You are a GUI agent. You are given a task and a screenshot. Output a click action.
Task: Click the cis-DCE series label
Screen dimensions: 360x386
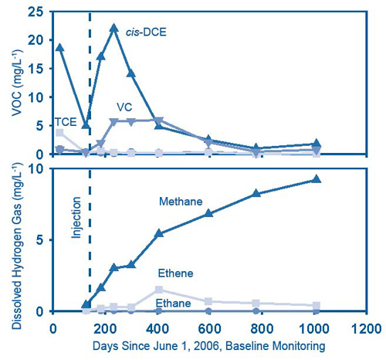pyautogui.click(x=156, y=32)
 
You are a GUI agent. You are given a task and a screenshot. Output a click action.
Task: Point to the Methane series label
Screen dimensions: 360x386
pyautogui.click(x=181, y=202)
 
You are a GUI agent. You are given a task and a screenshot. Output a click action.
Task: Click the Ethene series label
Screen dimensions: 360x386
pyautogui.click(x=177, y=273)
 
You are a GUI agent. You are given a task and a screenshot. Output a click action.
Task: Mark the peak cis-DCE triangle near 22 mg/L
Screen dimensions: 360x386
pyautogui.click(x=114, y=28)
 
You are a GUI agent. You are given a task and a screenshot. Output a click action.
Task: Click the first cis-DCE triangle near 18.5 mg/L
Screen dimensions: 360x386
pyautogui.click(x=59, y=47)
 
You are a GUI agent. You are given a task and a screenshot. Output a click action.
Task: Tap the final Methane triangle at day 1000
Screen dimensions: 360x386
pyautogui.click(x=316, y=179)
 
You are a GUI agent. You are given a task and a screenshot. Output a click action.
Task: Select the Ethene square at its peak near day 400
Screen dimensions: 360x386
pyautogui.click(x=159, y=290)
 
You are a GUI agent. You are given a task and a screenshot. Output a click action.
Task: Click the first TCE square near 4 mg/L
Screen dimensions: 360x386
pyautogui.click(x=59, y=133)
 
